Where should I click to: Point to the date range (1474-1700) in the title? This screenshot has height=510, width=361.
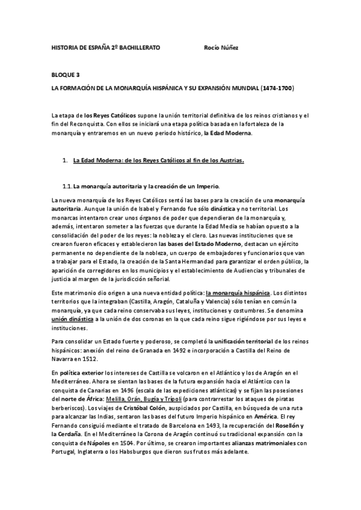pos(277,88)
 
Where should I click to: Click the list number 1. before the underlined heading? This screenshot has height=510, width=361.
pos(66,161)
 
